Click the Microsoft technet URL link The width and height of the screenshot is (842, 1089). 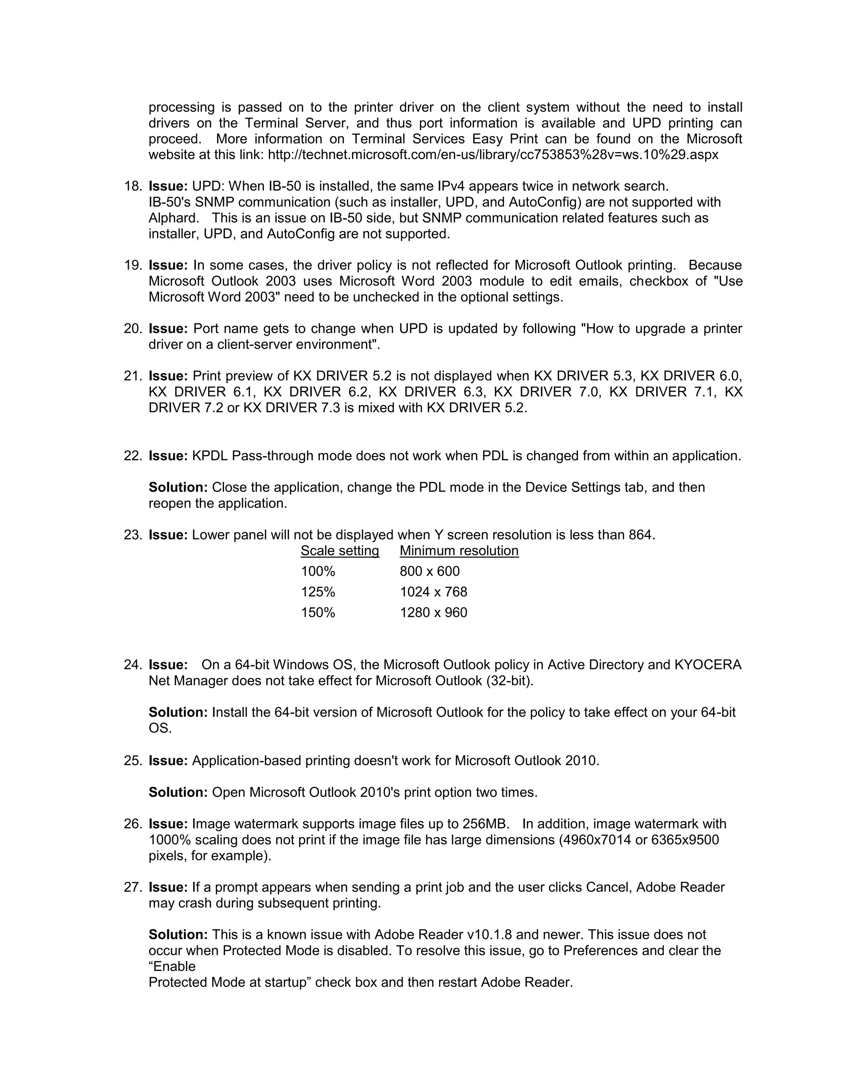pyautogui.click(x=493, y=155)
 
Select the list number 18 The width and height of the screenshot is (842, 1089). pyautogui.click(x=132, y=187)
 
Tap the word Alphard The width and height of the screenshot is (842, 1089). pyautogui.click(x=173, y=218)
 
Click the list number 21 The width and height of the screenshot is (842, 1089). pyautogui.click(x=132, y=376)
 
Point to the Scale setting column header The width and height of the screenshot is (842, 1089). pyautogui.click(x=340, y=551)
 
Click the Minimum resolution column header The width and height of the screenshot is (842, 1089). pyautogui.click(x=459, y=551)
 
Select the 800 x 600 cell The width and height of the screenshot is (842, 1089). pyautogui.click(x=430, y=572)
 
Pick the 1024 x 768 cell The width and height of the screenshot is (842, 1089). pyautogui.click(x=433, y=592)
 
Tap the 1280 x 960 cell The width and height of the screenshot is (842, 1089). pyautogui.click(x=433, y=612)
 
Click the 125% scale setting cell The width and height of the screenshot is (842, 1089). pyautogui.click(x=318, y=592)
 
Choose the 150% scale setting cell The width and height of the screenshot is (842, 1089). pyautogui.click(x=318, y=612)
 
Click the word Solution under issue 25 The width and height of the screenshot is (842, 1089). pyautogui.click(x=178, y=792)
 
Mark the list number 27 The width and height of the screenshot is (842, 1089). pyautogui.click(x=132, y=887)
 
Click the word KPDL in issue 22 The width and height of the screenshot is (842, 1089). pyautogui.click(x=210, y=456)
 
